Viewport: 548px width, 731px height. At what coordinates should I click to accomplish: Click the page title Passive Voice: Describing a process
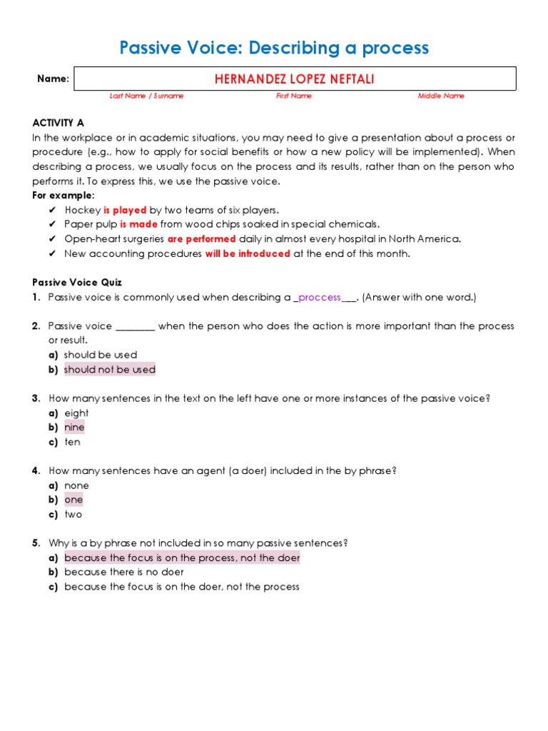tap(274, 48)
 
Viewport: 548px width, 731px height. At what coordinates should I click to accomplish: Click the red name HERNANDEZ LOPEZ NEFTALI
tap(294, 79)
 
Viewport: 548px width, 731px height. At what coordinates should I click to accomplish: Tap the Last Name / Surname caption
tap(146, 96)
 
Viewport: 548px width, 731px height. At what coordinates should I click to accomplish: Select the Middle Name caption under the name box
tap(441, 96)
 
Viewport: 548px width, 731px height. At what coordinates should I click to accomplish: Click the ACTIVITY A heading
tap(58, 123)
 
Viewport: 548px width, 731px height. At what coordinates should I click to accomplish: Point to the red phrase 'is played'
tap(125, 210)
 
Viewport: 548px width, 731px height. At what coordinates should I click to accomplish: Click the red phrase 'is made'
tap(138, 224)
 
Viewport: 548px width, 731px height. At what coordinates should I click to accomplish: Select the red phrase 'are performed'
tap(201, 239)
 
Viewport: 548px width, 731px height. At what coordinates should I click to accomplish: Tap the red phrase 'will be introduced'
tap(248, 253)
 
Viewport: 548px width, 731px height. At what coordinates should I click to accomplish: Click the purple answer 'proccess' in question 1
tap(320, 298)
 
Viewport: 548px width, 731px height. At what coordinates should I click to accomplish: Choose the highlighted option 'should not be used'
tap(109, 370)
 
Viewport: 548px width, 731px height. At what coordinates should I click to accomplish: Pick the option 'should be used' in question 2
tap(100, 355)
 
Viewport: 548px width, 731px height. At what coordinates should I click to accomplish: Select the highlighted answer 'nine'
tap(74, 428)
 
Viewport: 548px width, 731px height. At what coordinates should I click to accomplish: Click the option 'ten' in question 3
tap(72, 442)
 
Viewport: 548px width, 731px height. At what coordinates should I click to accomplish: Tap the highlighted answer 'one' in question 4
tap(73, 500)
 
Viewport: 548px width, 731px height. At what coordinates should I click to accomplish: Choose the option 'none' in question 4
tap(76, 485)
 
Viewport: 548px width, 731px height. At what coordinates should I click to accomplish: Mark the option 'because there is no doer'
tap(123, 572)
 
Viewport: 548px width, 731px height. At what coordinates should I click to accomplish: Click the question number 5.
tap(36, 543)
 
